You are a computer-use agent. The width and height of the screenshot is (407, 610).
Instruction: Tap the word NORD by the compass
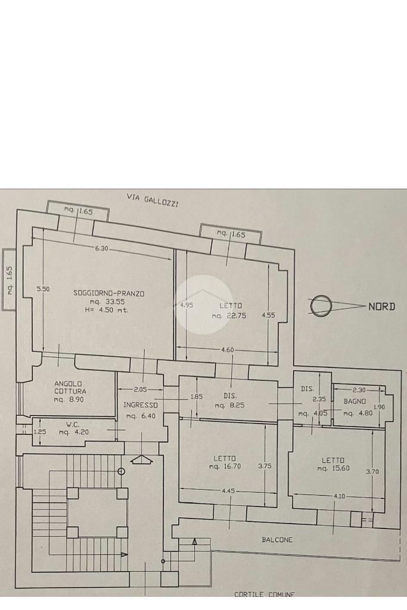coord(381,306)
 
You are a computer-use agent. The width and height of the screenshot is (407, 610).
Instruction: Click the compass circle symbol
coord(321,305)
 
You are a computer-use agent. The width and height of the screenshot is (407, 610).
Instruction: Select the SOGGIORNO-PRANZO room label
coord(109,293)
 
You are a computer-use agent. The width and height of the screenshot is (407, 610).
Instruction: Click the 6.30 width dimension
coord(101,248)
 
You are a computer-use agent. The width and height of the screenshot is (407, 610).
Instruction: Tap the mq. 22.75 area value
coord(229,315)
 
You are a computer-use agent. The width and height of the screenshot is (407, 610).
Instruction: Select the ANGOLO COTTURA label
coord(70,387)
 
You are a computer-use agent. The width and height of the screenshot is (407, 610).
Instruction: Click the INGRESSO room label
coord(140,405)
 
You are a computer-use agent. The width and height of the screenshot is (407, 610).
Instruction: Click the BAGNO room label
coord(355,402)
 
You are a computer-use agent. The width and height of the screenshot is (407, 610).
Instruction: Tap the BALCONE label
coord(277,540)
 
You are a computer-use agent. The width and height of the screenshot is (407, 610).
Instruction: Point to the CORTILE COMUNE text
coord(264,594)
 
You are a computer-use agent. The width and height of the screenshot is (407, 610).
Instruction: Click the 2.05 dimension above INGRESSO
coord(140,389)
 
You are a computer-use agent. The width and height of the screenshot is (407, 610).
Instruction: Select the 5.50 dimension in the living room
coord(43,289)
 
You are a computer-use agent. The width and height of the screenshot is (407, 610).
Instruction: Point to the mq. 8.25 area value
coord(230,405)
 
